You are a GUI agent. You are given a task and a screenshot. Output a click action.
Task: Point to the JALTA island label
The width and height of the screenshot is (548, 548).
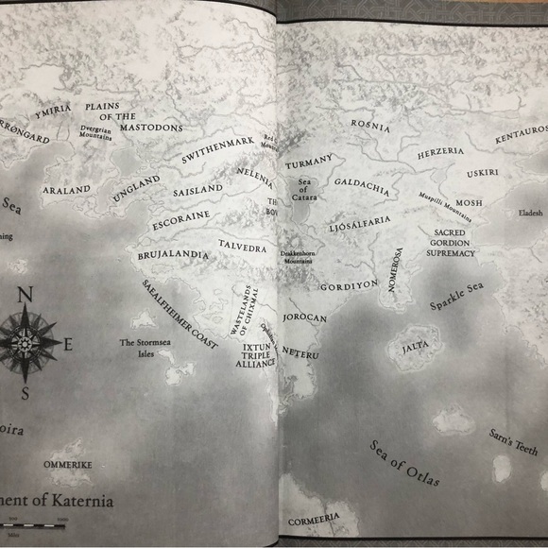point(415,348)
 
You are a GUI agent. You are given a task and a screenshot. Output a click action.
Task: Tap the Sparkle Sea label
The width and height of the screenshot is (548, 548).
point(456,296)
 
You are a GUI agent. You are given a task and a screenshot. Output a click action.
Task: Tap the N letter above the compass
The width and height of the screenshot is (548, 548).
point(26,295)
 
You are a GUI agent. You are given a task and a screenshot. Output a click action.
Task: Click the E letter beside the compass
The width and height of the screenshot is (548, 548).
point(67,345)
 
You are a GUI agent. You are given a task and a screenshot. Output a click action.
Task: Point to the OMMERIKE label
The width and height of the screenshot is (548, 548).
point(68,466)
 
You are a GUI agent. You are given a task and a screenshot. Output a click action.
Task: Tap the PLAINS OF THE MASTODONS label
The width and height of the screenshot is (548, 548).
point(132,117)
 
